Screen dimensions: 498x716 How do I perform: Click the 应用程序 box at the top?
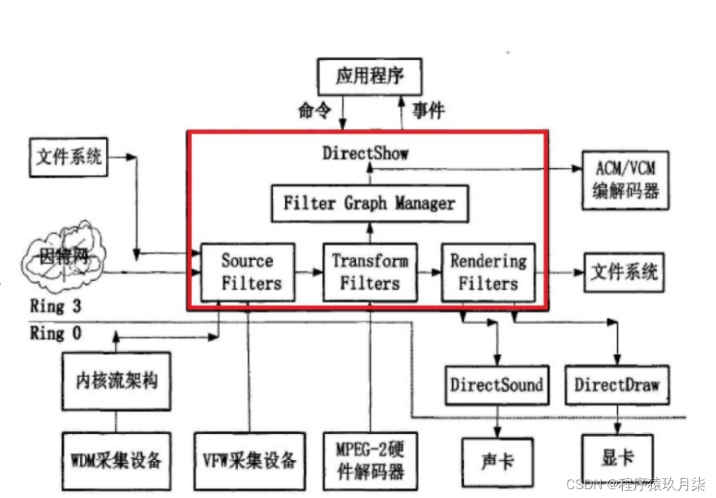[x=370, y=76]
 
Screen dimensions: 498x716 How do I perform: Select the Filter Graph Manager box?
[x=369, y=203]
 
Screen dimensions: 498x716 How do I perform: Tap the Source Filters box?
[x=247, y=272]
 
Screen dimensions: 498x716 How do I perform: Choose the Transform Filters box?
[x=370, y=272]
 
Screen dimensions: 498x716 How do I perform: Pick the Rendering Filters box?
[x=488, y=272]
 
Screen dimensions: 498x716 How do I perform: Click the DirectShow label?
[x=365, y=153]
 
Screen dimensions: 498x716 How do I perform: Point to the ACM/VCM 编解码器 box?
[x=625, y=180]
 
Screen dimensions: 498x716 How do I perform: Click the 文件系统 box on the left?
[x=69, y=157]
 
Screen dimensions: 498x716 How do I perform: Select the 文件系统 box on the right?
[x=624, y=272]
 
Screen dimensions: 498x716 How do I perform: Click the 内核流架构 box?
[x=116, y=381]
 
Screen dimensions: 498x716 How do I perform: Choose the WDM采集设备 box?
[x=116, y=460]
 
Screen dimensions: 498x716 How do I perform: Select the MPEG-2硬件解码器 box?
[x=370, y=460]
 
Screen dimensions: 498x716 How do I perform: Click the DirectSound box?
[x=496, y=384]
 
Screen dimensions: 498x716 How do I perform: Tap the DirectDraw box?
[x=617, y=384]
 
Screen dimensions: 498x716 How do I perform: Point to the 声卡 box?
[x=496, y=460]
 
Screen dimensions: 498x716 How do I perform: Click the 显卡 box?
[x=617, y=459]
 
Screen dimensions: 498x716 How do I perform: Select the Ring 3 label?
[x=55, y=305]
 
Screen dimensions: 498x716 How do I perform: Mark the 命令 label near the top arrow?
[x=314, y=110]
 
